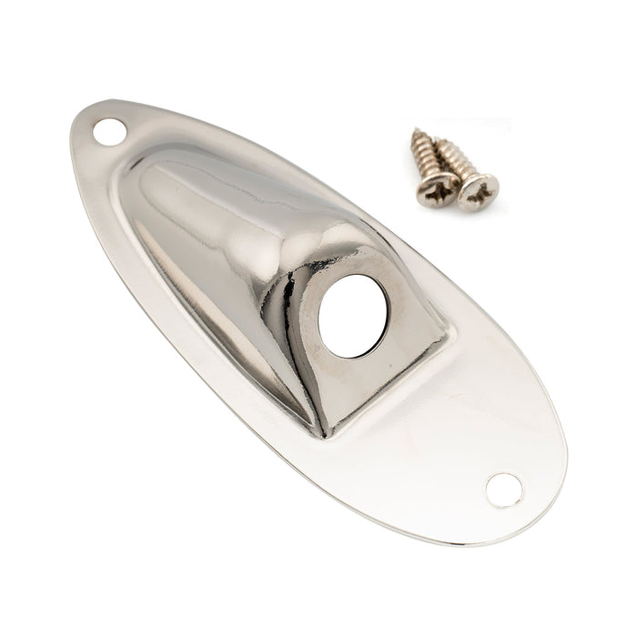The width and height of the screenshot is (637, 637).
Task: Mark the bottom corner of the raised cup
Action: click(323, 435)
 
